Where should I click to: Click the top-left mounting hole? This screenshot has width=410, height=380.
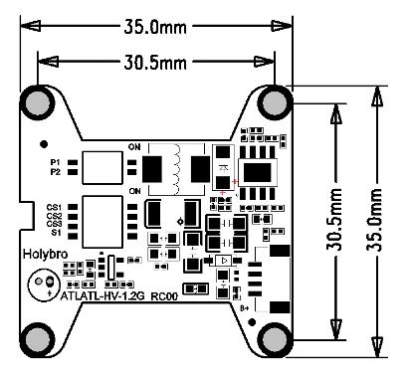39,102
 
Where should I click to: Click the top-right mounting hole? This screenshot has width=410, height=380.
276,102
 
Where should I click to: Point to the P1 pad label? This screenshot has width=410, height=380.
55,161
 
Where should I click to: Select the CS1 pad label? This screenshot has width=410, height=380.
54,207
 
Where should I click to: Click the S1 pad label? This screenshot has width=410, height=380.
56,233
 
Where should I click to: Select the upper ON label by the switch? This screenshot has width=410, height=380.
134,149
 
